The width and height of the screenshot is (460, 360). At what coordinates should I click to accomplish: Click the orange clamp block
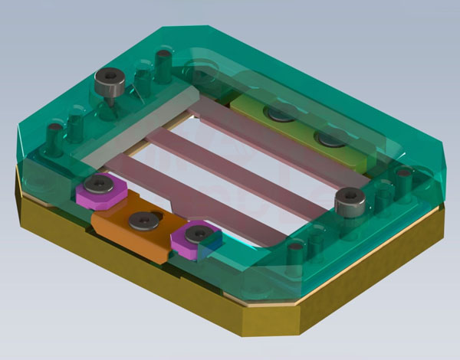tap(134, 227)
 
